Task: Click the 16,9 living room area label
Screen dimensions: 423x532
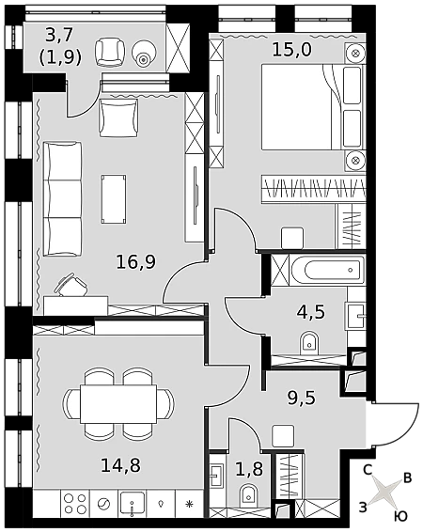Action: click(x=135, y=262)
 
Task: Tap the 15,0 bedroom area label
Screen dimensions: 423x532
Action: click(x=292, y=50)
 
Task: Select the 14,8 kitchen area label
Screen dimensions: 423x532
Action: click(x=120, y=465)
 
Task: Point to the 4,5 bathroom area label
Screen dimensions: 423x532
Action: click(x=311, y=312)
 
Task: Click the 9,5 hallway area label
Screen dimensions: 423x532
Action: click(x=302, y=398)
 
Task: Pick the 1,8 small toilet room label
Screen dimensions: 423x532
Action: click(x=249, y=470)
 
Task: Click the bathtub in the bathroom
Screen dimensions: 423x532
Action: click(x=327, y=270)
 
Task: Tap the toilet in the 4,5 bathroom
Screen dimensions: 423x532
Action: click(x=309, y=343)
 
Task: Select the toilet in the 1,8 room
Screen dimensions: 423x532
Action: click(x=249, y=496)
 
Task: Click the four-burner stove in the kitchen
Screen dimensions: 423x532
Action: click(x=75, y=504)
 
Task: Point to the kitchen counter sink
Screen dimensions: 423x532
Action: click(x=133, y=504)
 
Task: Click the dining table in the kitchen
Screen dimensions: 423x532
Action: click(x=118, y=403)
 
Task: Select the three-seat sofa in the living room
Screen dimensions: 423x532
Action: click(x=62, y=199)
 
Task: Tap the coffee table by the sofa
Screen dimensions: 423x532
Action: click(x=114, y=199)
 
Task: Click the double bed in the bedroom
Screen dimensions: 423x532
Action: click(x=312, y=107)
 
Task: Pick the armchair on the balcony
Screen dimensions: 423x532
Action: click(x=110, y=52)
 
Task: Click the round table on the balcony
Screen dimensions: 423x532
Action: click(x=144, y=53)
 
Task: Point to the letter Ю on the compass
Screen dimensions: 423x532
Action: click(x=401, y=516)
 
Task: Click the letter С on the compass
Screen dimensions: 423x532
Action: click(x=368, y=470)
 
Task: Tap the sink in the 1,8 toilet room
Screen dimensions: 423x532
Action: click(x=216, y=470)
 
